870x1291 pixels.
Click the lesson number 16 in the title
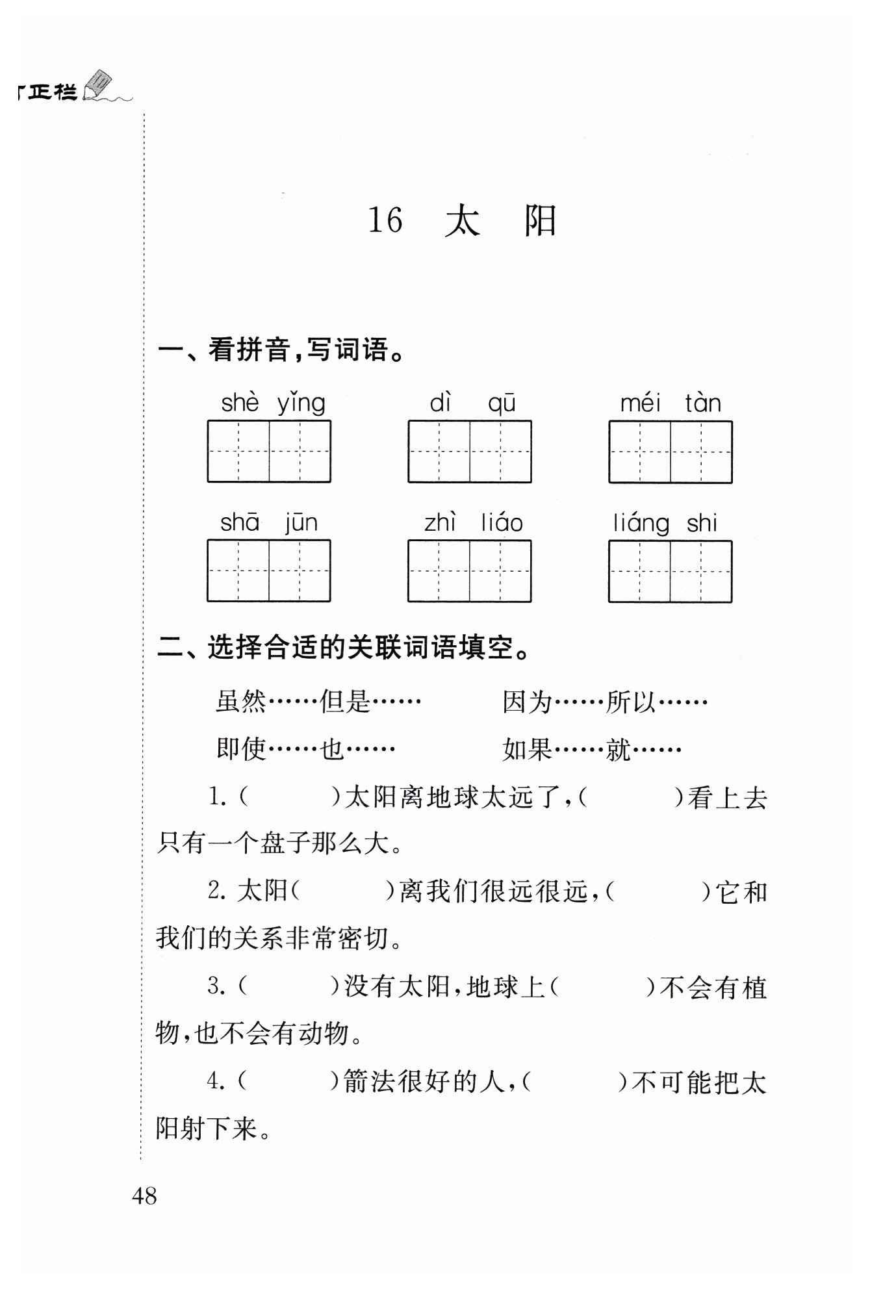pyautogui.click(x=385, y=220)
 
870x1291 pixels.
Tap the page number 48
pyautogui.click(x=144, y=1195)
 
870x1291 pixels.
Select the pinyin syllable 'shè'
pyautogui.click(x=240, y=403)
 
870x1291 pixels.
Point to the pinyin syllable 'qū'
pyautogui.click(x=502, y=403)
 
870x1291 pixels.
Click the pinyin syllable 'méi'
pyautogui.click(x=640, y=403)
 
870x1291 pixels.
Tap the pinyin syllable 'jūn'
pyautogui.click(x=301, y=523)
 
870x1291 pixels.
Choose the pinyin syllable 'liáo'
pyautogui.click(x=502, y=523)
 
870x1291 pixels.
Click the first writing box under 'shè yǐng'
pyautogui.click(x=238, y=452)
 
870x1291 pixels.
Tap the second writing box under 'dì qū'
pyautogui.click(x=500, y=452)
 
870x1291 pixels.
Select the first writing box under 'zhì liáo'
pyautogui.click(x=439, y=571)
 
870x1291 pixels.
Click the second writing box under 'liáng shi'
pyautogui.click(x=701, y=571)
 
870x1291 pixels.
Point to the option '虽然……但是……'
pyautogui.click(x=318, y=702)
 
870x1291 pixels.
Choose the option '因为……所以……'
pyautogui.click(x=604, y=702)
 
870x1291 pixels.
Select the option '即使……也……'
pyautogui.click(x=305, y=750)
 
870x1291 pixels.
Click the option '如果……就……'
pyautogui.click(x=591, y=750)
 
